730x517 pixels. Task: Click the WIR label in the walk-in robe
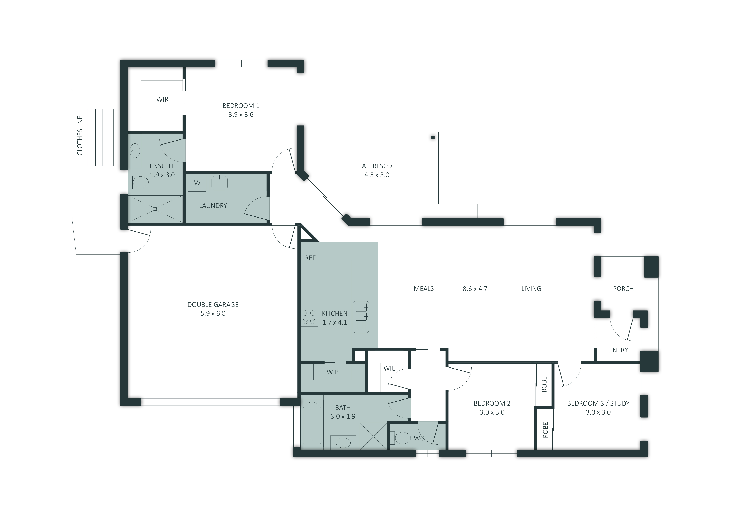(162, 100)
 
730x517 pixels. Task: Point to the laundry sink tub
(219, 183)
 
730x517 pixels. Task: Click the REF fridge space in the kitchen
(310, 258)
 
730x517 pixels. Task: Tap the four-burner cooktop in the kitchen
(309, 317)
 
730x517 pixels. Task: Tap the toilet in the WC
(402, 438)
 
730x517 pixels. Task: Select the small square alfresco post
(433, 138)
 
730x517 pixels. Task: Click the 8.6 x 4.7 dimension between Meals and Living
(475, 289)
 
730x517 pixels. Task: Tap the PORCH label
(623, 289)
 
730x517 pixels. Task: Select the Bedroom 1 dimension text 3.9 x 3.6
(241, 115)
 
